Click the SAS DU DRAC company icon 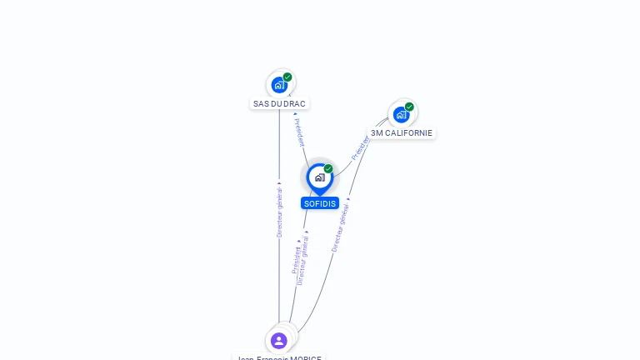coord(279,84)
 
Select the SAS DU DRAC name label coord(279,104)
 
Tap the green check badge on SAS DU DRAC coord(287,77)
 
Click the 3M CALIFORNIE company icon coord(402,114)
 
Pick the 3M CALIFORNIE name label coord(402,133)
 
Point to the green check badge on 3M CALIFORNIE coord(409,107)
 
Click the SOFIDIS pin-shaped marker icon coord(319,177)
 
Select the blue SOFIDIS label coord(320,203)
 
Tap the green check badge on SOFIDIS coord(328,168)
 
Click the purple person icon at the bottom coord(279,340)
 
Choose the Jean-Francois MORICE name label coord(279,357)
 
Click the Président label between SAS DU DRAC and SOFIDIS coord(299,132)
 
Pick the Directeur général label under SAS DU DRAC coord(280,212)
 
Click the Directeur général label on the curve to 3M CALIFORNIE coord(340,227)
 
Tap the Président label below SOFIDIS coord(296,260)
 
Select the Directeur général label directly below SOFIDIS coord(303,260)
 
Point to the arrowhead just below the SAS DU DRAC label coord(294,114)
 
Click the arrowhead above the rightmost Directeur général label coord(348,198)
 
